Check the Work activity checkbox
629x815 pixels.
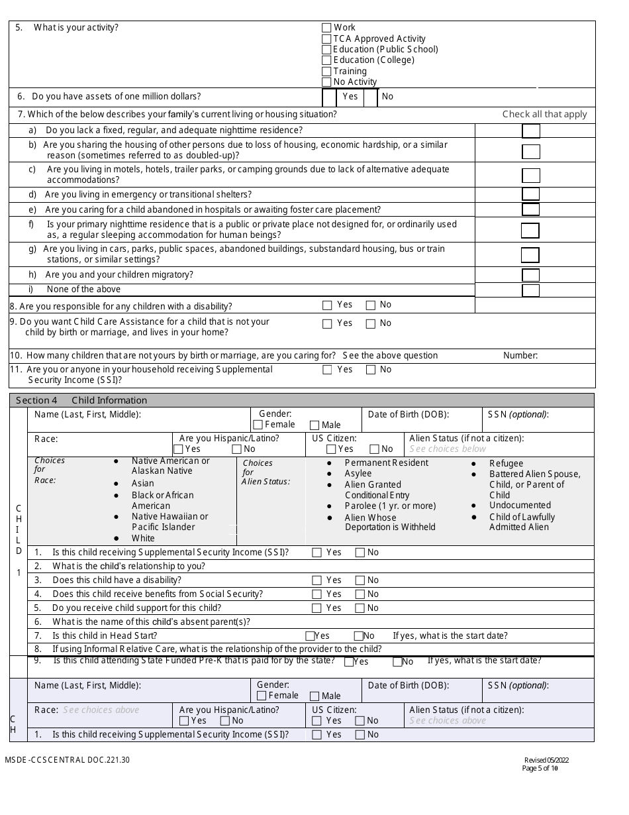click(x=326, y=28)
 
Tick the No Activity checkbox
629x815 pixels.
click(x=326, y=82)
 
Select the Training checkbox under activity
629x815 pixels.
click(x=326, y=72)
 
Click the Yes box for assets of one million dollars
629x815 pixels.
click(x=330, y=97)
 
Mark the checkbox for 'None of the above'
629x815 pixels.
click(x=530, y=290)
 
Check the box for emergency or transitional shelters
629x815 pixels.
click(x=530, y=194)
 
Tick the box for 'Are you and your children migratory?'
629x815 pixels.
click(x=530, y=275)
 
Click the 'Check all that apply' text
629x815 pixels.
click(x=544, y=114)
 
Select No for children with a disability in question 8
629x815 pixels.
click(x=371, y=305)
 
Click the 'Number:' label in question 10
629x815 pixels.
click(x=520, y=356)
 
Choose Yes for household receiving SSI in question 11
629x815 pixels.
click(x=327, y=370)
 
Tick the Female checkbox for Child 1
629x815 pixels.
click(x=258, y=425)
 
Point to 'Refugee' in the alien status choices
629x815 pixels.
click(x=506, y=464)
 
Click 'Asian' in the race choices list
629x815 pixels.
click(x=142, y=484)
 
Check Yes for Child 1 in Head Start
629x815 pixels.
click(x=310, y=636)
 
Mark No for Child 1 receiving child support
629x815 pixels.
click(x=360, y=608)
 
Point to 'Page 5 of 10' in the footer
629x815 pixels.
click(x=540, y=769)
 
